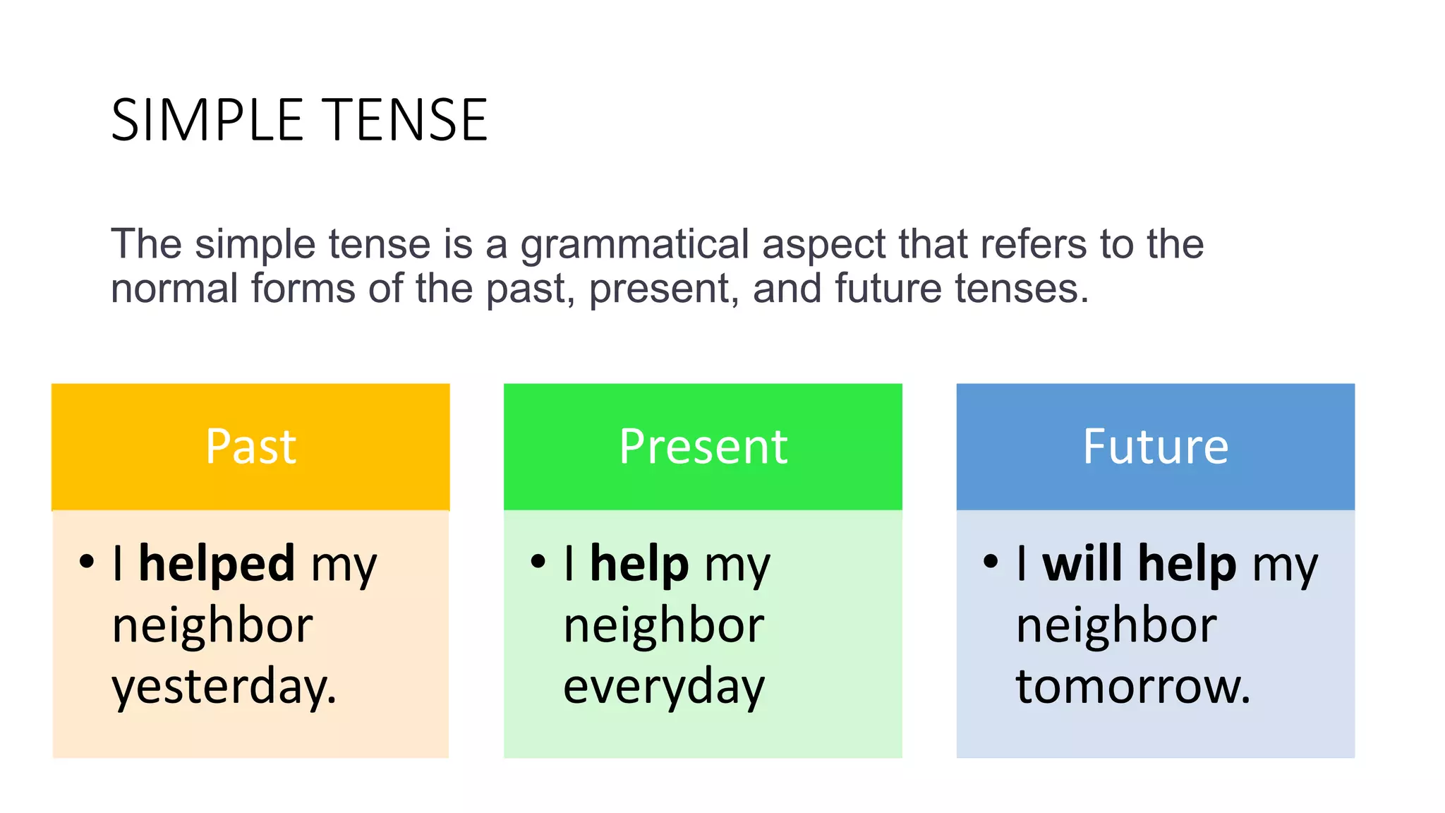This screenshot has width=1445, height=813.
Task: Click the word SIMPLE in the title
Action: tap(207, 120)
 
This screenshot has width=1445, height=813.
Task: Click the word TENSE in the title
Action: tap(406, 120)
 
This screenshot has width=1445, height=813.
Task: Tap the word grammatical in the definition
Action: tap(634, 244)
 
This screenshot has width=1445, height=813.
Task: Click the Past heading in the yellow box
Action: tap(250, 446)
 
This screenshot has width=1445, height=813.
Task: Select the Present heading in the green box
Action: tap(703, 446)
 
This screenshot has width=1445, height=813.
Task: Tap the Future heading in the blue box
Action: tap(1155, 446)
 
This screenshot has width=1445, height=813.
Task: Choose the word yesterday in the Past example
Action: tap(224, 687)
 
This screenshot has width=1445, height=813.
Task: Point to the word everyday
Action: tap(663, 687)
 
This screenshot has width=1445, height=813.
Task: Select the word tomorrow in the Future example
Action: tap(1132, 687)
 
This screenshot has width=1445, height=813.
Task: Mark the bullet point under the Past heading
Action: tap(87, 562)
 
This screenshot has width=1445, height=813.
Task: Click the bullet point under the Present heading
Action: tap(538, 562)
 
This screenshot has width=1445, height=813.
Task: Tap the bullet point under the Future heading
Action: tap(991, 562)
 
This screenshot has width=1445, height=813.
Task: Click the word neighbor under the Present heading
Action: tap(663, 625)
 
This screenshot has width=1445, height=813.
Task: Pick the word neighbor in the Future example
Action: tap(1116, 625)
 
